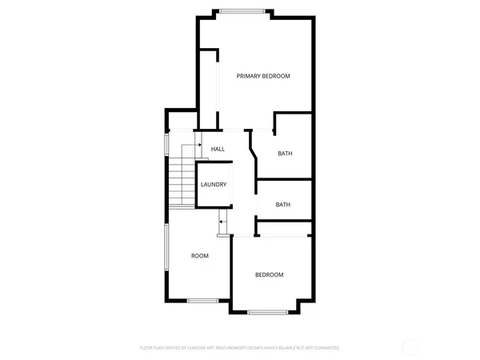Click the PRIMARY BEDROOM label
click(x=262, y=76)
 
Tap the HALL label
click(x=218, y=149)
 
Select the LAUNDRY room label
click(x=214, y=185)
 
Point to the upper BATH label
click(x=284, y=154)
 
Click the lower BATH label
click(x=282, y=205)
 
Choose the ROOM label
click(x=199, y=256)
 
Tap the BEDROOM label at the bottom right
click(x=269, y=275)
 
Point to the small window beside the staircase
click(x=166, y=145)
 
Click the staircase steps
click(x=182, y=184)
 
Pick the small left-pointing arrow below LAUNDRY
click(x=222, y=222)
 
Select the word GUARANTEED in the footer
click(x=324, y=348)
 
